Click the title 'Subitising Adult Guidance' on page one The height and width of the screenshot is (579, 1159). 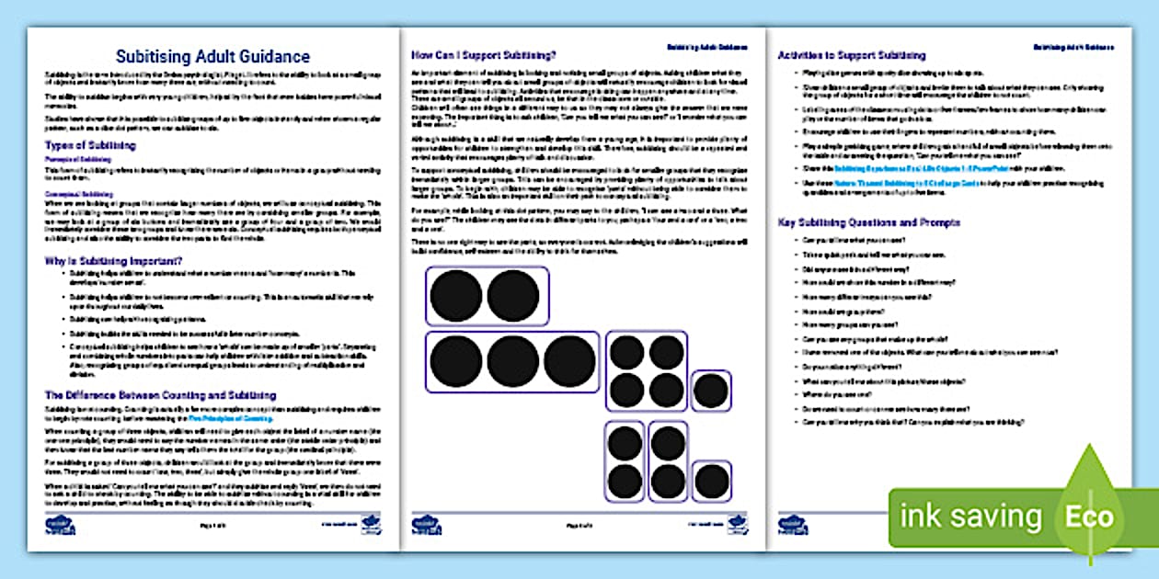coord(212,57)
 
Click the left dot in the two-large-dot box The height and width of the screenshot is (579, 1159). coord(456,296)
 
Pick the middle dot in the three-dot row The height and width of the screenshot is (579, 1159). coord(512,360)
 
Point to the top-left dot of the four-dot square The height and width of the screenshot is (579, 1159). coord(627,352)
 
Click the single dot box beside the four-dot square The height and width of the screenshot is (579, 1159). coord(710,391)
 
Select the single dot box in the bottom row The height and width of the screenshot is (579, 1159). coord(711,482)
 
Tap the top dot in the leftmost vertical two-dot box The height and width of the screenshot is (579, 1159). coord(625,443)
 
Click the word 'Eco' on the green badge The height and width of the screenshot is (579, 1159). coord(1089,517)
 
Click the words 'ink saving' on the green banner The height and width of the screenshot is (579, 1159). coord(970,517)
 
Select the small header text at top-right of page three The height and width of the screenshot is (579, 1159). coord(1069,46)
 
